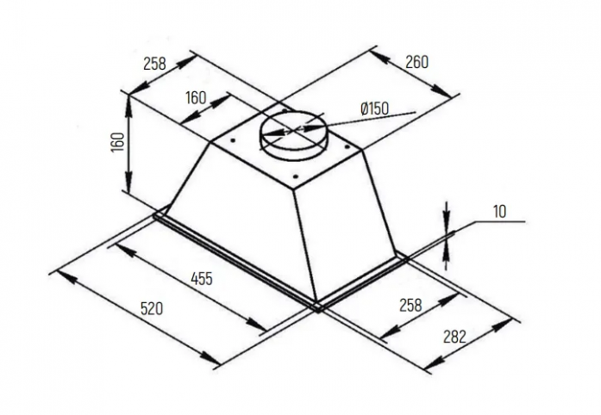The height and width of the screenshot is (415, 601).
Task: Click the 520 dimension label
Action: coord(152,308)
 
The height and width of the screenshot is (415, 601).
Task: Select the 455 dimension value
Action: coord(202,278)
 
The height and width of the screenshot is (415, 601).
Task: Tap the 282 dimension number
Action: coord(454,337)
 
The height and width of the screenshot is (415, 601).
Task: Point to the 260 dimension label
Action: coord(416,62)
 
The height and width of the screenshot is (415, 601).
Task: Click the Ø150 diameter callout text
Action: coord(374,108)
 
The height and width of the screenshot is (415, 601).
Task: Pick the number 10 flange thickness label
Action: coord(499,211)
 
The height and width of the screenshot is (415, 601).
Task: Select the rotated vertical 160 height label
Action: coord(118,142)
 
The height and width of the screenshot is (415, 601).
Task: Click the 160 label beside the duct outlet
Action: coord(196,97)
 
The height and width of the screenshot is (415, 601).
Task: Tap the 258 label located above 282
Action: coord(410,305)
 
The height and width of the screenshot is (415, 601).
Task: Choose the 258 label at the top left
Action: coord(155,64)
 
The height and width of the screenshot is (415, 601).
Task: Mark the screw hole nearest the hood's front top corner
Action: coord(295,177)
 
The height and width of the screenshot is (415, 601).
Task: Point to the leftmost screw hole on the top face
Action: coord(232,140)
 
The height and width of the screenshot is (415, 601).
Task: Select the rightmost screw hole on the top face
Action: coord(346,146)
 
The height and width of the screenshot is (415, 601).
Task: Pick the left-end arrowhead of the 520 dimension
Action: coord(66,276)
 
